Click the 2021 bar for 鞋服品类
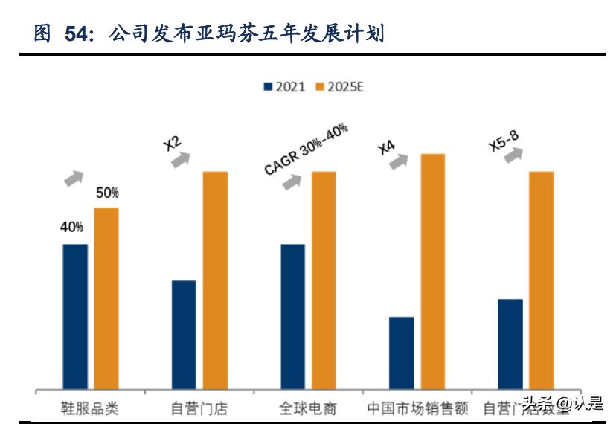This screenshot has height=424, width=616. point(75,316)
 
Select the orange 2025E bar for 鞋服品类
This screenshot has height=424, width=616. point(106,298)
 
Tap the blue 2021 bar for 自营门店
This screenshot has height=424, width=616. point(184,334)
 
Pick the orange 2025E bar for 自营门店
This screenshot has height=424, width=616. point(215,280)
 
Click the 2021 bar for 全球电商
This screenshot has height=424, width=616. point(292,316)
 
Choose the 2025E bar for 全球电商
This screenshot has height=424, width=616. point(324,280)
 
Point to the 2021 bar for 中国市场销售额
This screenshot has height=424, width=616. point(401,353)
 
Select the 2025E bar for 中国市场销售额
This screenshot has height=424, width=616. point(432,271)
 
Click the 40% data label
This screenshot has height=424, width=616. point(71,228)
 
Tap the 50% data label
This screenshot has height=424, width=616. point(106,193)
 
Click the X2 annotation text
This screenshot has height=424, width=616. point(173,141)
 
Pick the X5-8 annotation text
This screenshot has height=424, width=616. point(504,140)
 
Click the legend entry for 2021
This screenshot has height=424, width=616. point(284,87)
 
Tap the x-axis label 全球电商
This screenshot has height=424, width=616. point(308,408)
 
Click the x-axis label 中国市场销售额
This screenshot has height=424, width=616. point(417,408)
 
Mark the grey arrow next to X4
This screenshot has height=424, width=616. point(400,161)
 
